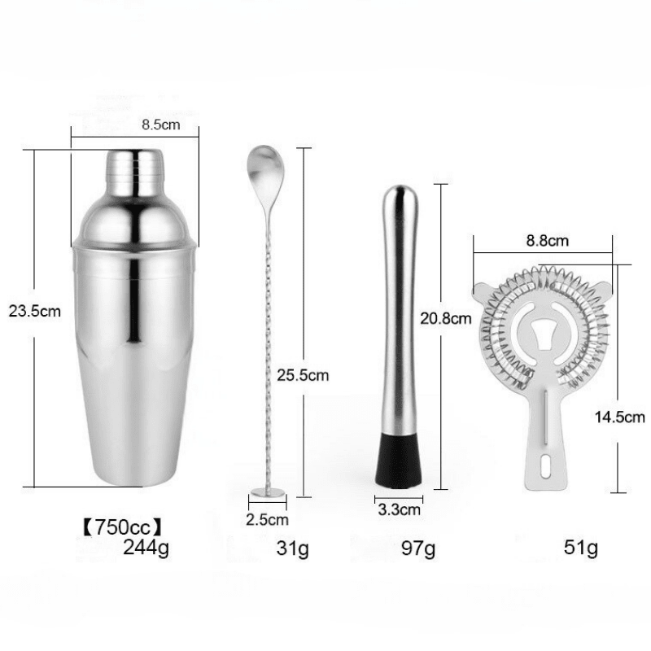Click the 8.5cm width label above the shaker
coord(159,126)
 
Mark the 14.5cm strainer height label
coord(621,417)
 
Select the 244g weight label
coord(146,547)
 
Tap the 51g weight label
coord(581,548)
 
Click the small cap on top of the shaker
coord(135,166)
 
